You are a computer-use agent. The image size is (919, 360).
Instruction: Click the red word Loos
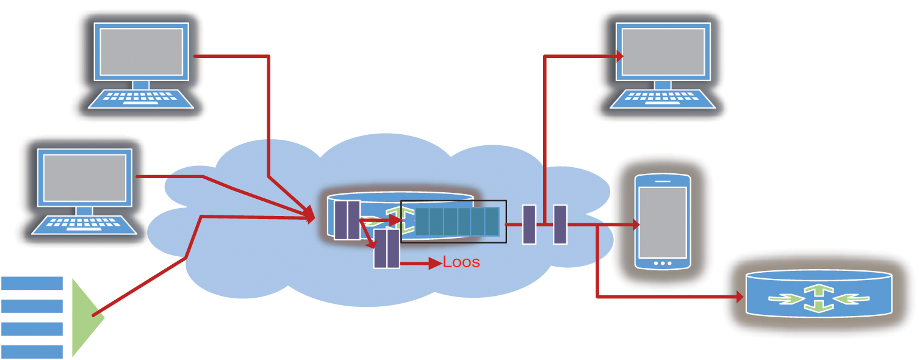point(461,262)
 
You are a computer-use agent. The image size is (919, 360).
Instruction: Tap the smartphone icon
point(663,222)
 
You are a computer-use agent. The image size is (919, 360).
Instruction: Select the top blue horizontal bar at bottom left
point(32,283)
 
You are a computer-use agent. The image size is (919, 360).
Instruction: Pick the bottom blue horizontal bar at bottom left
point(32,351)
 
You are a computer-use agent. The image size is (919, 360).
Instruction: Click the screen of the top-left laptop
point(141,51)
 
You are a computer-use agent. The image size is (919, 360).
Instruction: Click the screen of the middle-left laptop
point(85,177)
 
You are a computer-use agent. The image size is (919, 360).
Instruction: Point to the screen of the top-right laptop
point(663,51)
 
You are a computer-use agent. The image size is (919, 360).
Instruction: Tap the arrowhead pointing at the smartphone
point(635,225)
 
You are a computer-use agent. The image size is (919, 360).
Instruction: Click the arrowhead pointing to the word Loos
point(435,264)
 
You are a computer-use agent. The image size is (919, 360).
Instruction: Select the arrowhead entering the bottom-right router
point(740,297)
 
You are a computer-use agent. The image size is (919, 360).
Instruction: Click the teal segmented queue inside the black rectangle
point(457,221)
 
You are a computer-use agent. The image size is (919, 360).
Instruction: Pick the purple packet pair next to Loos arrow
point(386,249)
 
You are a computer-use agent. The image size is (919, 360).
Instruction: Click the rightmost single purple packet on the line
point(560,225)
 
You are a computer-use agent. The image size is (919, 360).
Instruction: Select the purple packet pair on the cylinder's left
point(347,220)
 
